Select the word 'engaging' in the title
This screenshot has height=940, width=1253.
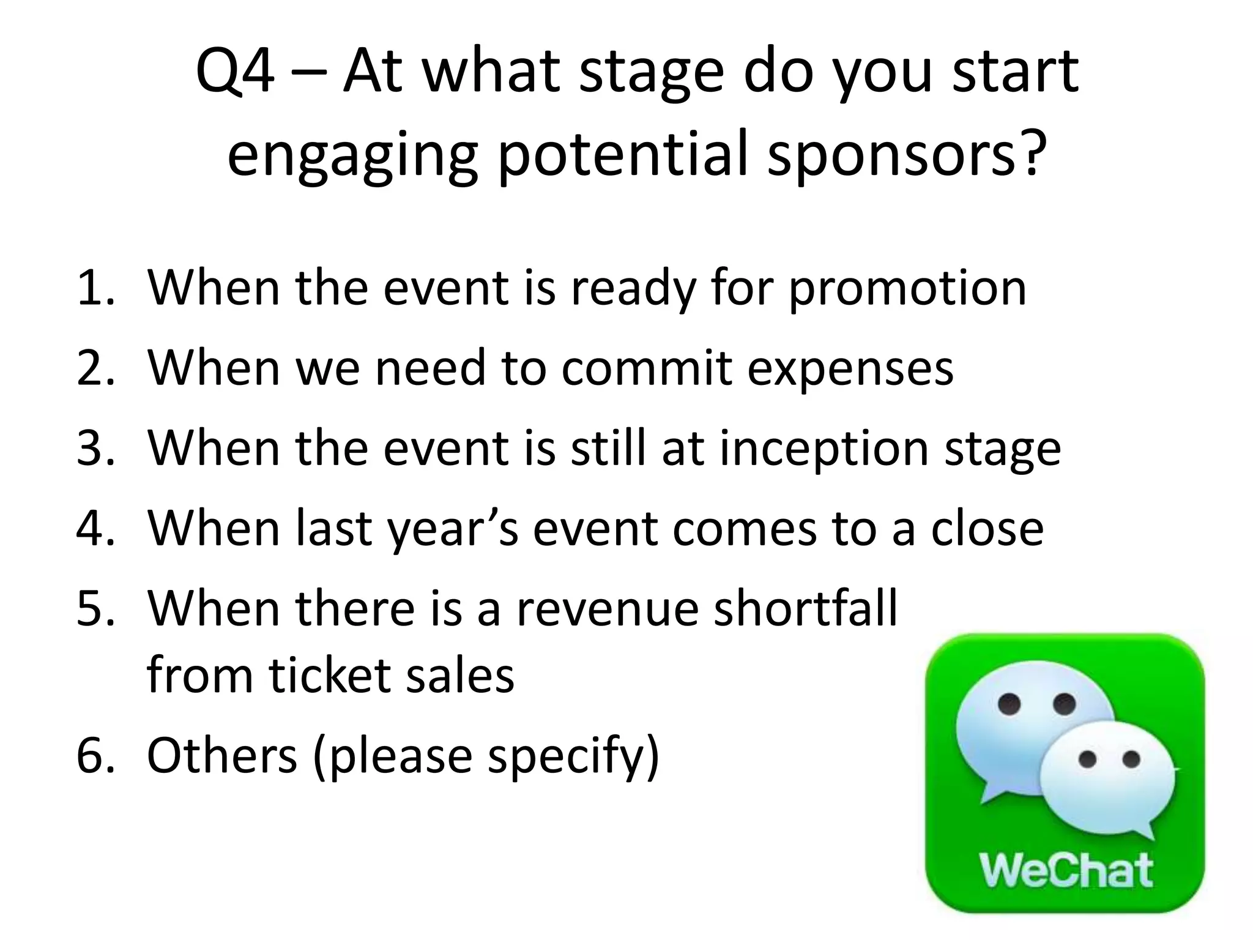(x=351, y=156)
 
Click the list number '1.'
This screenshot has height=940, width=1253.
(x=96, y=288)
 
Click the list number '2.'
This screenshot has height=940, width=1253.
(x=96, y=368)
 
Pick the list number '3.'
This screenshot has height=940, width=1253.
(x=96, y=448)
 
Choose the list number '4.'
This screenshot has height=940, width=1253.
(x=96, y=528)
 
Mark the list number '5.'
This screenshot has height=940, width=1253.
(x=96, y=608)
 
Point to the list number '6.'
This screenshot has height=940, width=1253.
(x=96, y=755)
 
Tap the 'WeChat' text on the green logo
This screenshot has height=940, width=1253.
(x=1066, y=870)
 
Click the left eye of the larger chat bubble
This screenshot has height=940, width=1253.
(x=1009, y=704)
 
